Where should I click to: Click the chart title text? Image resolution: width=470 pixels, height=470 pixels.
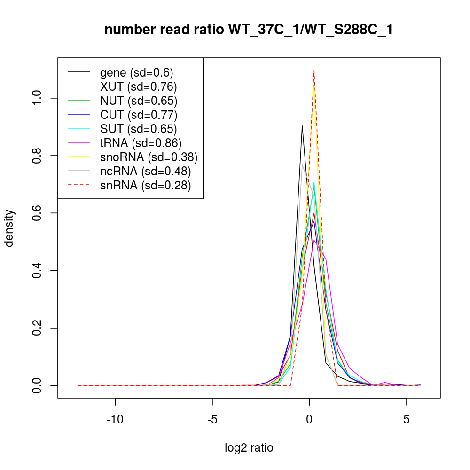point(248,30)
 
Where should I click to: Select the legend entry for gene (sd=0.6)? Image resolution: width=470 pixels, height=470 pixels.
point(136,72)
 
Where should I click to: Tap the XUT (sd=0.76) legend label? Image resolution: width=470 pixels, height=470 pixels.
point(138,86)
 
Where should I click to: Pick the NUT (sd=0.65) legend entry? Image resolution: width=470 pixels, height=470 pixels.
point(138,101)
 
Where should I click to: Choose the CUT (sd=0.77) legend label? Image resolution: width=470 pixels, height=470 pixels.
point(138,115)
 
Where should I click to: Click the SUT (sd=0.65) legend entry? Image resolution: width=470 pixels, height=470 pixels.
point(138,129)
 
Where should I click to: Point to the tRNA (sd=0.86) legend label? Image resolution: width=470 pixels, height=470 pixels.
point(141,143)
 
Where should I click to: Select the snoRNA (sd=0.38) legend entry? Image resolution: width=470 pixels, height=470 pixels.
point(149,157)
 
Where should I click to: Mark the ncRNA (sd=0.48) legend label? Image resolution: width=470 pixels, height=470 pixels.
point(145,171)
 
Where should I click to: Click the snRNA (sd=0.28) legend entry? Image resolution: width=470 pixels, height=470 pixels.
point(145,185)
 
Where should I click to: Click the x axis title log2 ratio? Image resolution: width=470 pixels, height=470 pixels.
point(249,447)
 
